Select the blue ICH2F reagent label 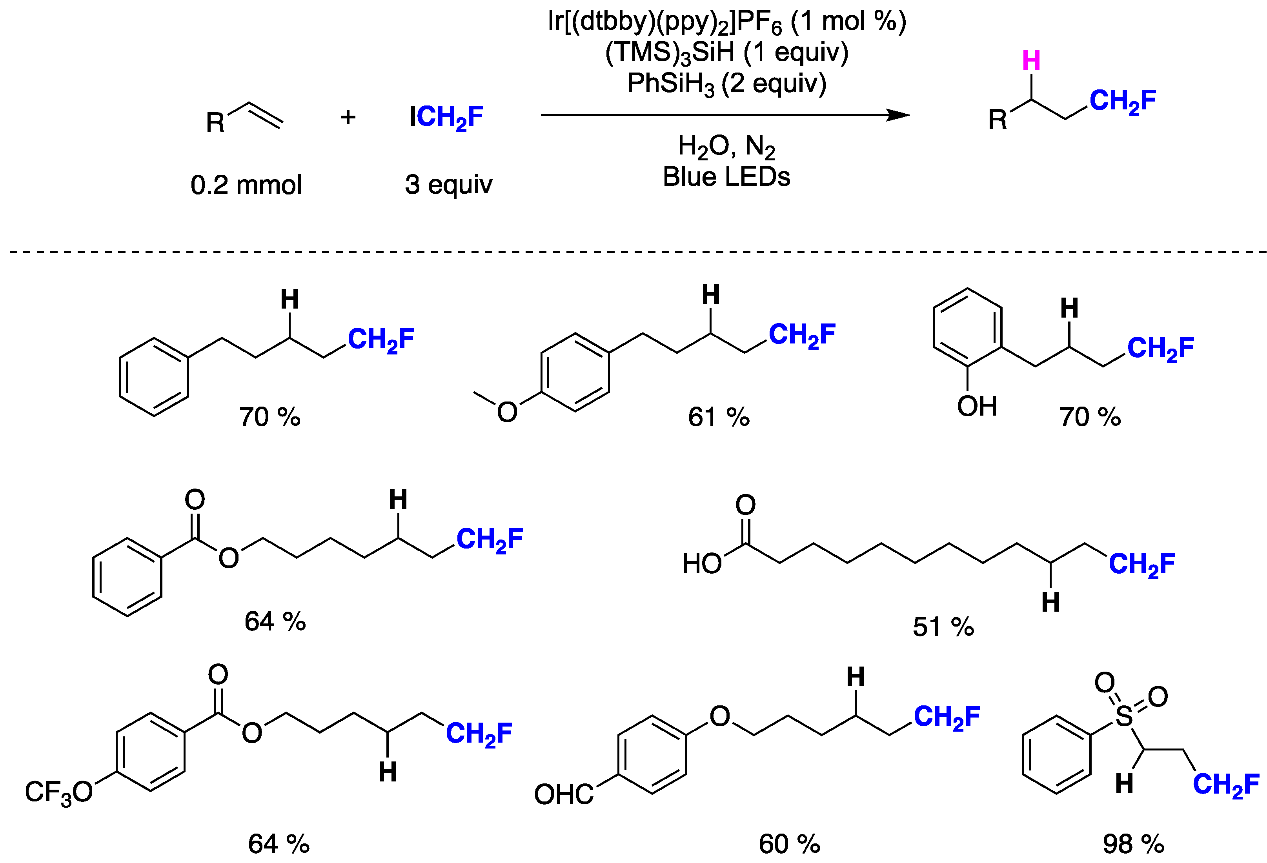[x=446, y=117]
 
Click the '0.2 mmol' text [x=246, y=185]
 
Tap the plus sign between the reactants [x=348, y=117]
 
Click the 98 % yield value [x=1133, y=844]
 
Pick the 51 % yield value [x=943, y=627]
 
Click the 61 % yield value [x=719, y=417]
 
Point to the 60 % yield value [x=789, y=844]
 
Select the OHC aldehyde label [x=564, y=794]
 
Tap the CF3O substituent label [x=59, y=792]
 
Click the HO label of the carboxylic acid [x=702, y=564]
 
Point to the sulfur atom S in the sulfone [x=1124, y=716]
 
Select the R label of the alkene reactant [x=215, y=123]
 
